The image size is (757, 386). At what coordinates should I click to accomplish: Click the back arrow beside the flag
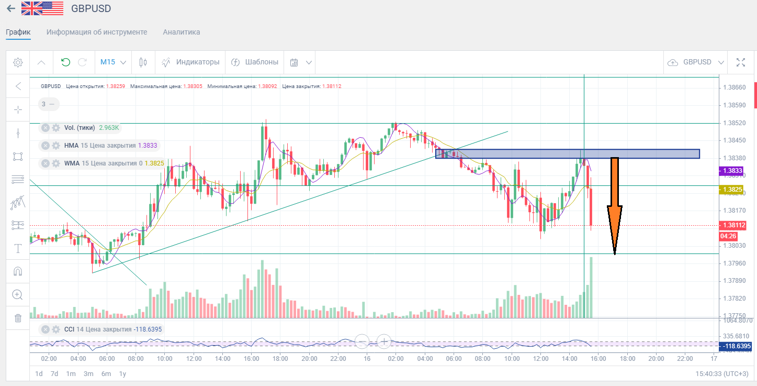point(10,9)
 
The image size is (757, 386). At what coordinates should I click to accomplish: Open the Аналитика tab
point(181,32)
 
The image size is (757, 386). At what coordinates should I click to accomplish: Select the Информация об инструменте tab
point(97,32)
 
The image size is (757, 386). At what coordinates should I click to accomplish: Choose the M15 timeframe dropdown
point(113,62)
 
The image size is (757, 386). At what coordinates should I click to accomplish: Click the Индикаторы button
point(190,62)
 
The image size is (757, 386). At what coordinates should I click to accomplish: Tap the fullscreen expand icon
point(740,62)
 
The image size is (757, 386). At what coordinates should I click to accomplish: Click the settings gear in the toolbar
point(18,62)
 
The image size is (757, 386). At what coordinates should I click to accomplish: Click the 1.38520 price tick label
point(733,123)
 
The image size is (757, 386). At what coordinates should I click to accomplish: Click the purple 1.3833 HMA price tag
point(732,171)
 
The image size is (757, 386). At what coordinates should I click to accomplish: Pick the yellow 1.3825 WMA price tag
point(732,189)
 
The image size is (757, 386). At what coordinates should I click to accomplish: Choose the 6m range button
point(106,374)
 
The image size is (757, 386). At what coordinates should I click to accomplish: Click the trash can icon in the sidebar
point(18,318)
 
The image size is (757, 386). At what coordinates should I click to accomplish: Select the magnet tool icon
point(18,271)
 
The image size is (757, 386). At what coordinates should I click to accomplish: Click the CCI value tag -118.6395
point(736,346)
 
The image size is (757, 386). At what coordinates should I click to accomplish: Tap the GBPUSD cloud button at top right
point(695,62)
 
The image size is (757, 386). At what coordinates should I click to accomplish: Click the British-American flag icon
point(42,9)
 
